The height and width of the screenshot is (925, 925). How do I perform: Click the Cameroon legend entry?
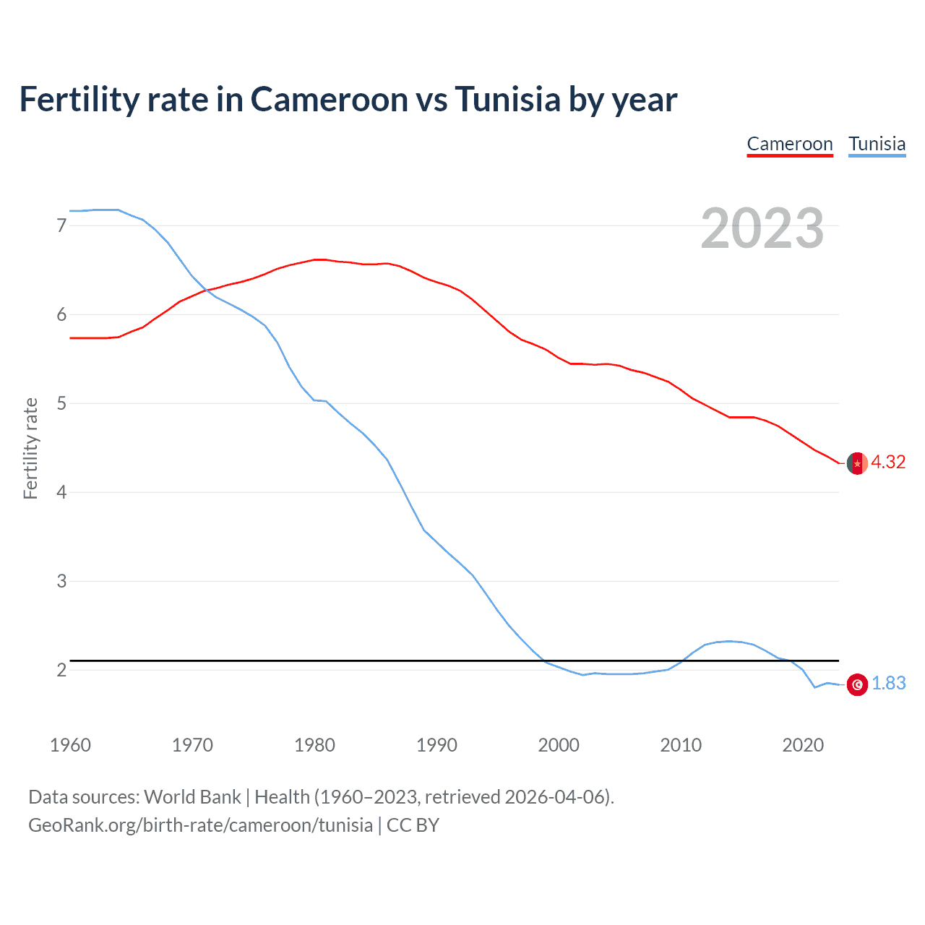pos(789,144)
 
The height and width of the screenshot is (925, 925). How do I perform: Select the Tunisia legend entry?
pos(877,144)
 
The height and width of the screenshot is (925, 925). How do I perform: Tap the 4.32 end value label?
pos(888,462)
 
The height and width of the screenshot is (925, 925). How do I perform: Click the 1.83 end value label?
pos(888,684)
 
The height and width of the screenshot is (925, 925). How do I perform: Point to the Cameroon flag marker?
pos(857,463)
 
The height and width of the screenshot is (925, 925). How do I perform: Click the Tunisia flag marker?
pos(857,684)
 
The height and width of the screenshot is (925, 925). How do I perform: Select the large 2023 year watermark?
pos(762,228)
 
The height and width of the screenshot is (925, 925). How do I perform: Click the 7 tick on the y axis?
pos(61,226)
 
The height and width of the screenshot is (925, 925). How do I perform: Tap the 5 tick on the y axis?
pos(61,403)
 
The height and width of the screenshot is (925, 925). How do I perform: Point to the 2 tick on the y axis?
pos(61,670)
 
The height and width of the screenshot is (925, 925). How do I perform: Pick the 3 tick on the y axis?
pos(61,581)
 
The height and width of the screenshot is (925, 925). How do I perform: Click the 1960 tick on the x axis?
pos(70,745)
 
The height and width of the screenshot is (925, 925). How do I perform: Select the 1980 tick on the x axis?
pos(314,745)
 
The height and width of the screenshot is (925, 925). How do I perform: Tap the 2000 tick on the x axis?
pos(559,745)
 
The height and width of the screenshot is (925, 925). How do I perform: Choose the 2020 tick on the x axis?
pos(803,745)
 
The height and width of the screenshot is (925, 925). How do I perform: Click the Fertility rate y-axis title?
pos(30,448)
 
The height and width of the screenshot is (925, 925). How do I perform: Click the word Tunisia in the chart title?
pos(507,99)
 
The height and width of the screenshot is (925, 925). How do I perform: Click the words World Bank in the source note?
pos(192,797)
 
